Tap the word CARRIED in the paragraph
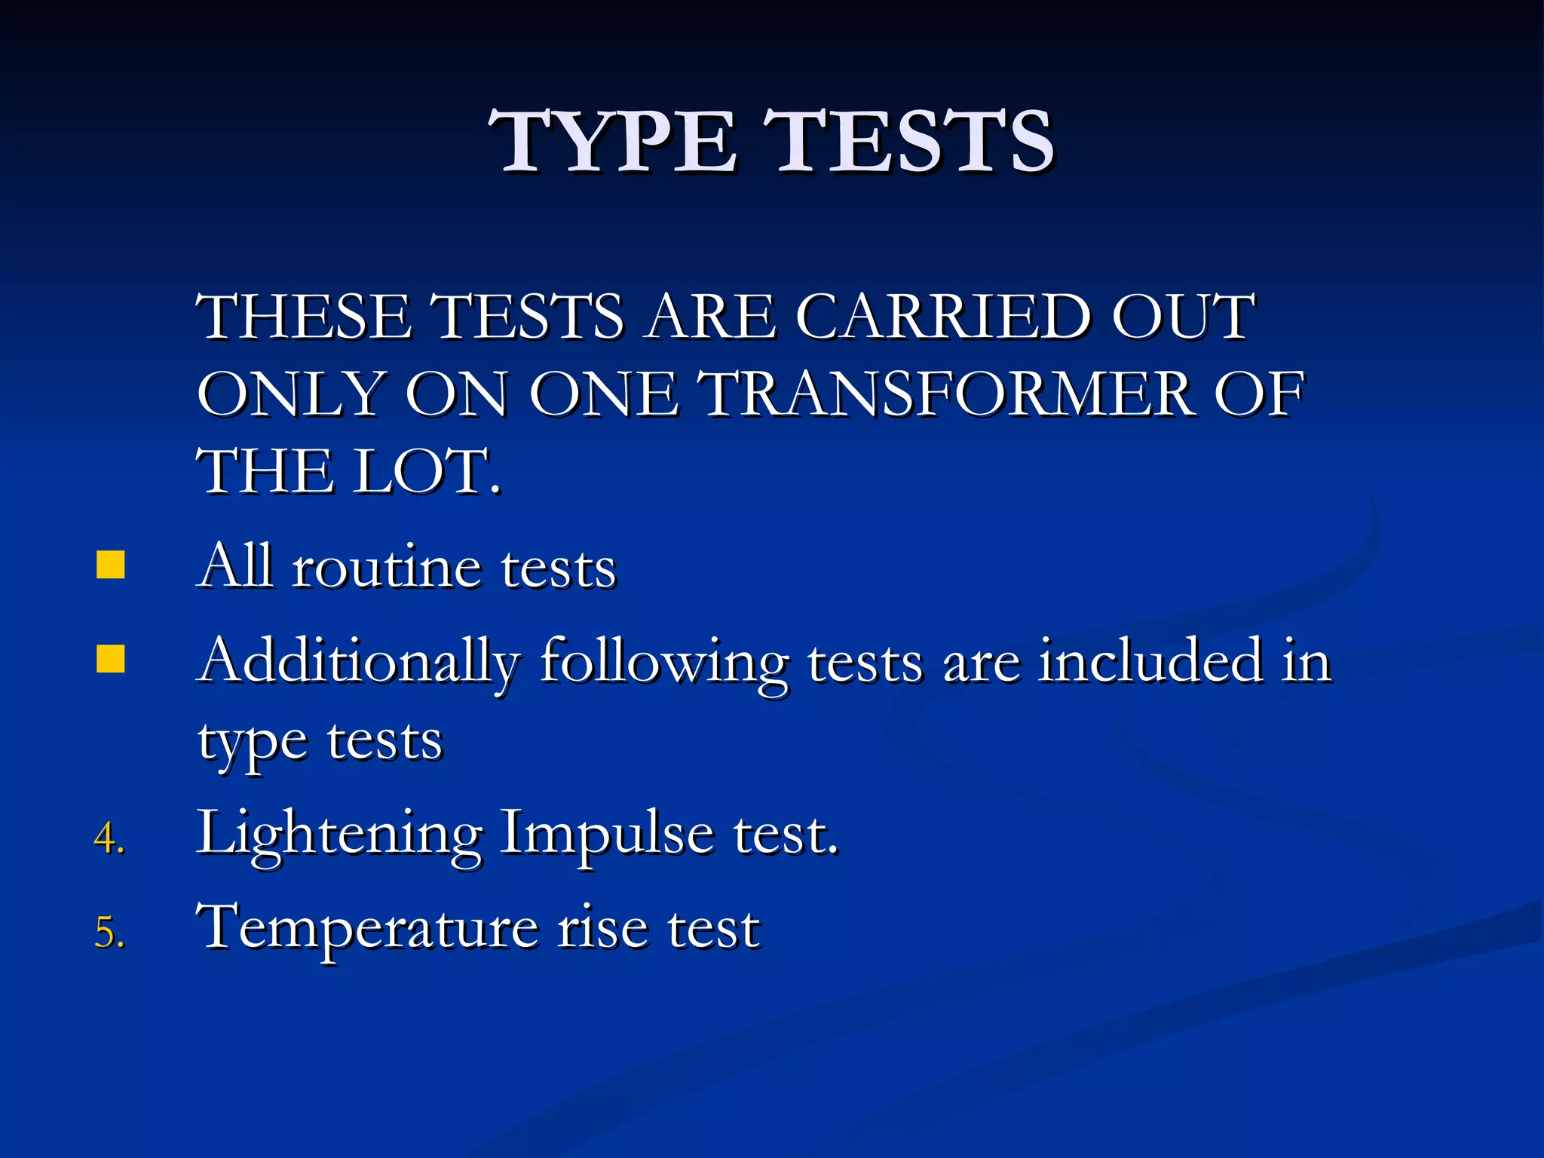[x=942, y=317]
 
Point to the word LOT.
[x=427, y=472]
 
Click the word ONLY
[x=291, y=394]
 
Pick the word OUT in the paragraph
[x=1182, y=317]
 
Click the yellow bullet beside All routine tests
[x=111, y=565]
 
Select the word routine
[x=386, y=567]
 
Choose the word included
[x=1150, y=660]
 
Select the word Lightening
[x=339, y=835]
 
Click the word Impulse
[x=606, y=835]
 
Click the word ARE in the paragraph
[x=711, y=317]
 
